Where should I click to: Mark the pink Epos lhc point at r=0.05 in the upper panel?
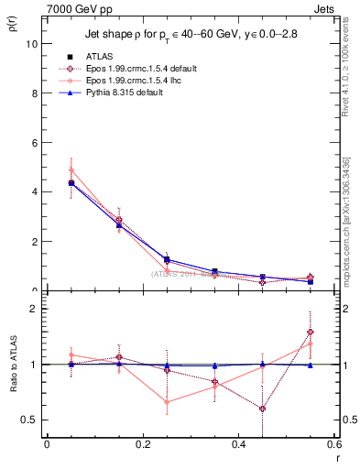coord(71,170)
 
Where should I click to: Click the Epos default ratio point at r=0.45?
coord(263,409)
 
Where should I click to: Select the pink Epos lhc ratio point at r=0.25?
coord(167,402)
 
